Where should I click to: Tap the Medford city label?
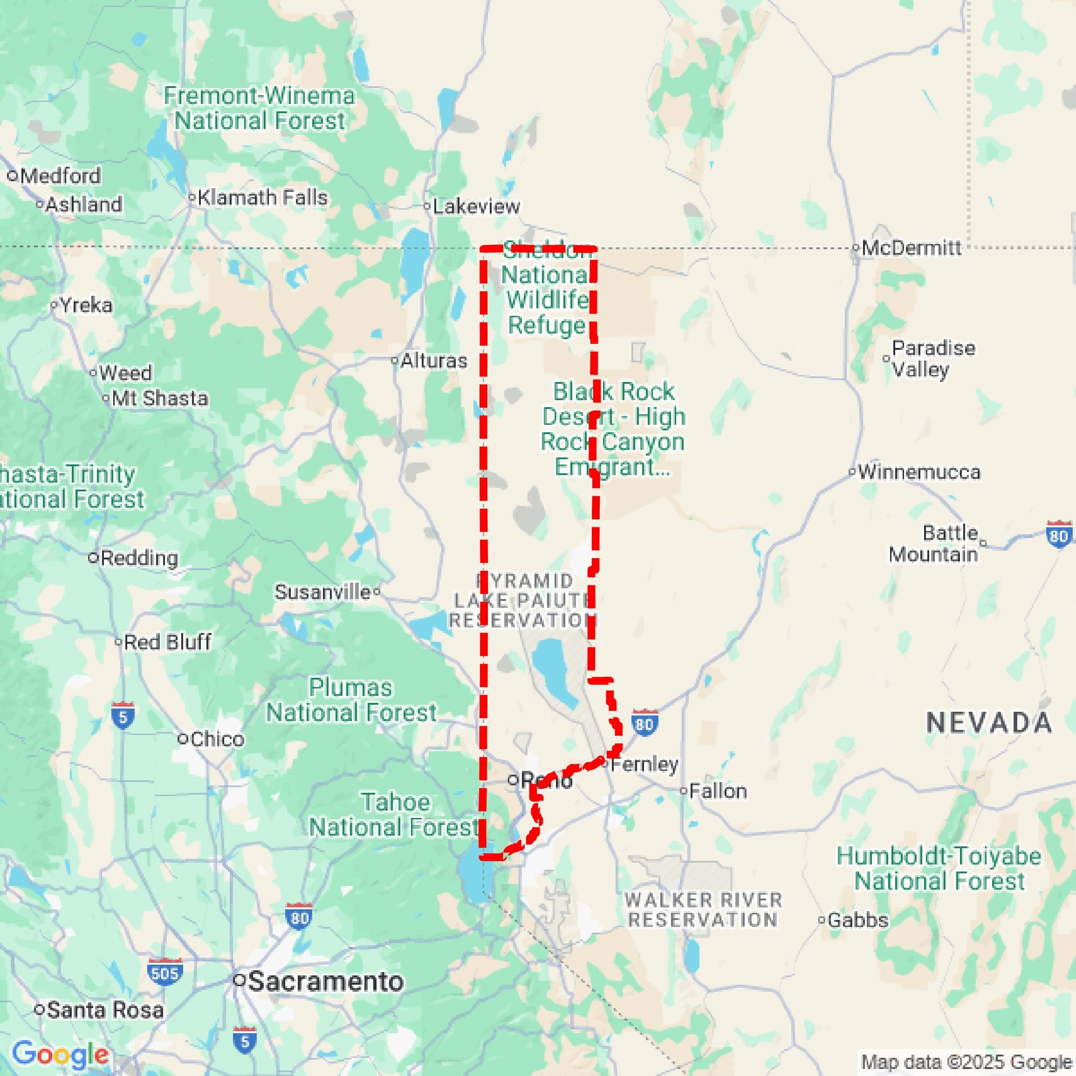(60, 176)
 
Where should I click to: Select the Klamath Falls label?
(262, 197)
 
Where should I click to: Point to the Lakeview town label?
(476, 207)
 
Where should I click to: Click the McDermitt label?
(911, 248)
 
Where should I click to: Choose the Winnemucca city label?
(919, 472)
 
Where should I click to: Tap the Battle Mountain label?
(942, 544)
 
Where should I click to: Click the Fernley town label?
(644, 764)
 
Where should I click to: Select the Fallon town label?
(718, 791)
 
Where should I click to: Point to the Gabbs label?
(857, 920)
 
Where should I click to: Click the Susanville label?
(322, 592)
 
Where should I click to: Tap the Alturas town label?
(433, 361)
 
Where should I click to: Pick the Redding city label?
(139, 558)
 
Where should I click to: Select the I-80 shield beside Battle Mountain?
(1059, 535)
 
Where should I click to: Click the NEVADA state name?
(989, 723)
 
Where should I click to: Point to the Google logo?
(60, 1054)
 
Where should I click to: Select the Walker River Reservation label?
(703, 909)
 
